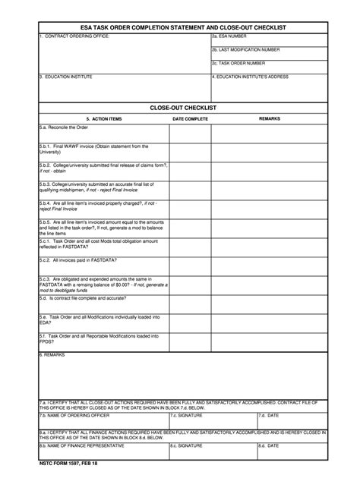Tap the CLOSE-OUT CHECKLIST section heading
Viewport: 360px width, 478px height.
[183, 108]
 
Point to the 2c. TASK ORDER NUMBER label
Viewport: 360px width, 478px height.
[238, 63]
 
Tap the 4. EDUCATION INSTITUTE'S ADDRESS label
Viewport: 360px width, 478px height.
[251, 77]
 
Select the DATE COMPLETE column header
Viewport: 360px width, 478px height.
[190, 119]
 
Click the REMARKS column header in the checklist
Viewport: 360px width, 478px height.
[270, 119]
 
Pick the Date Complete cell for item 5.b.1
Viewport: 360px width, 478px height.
[190, 151]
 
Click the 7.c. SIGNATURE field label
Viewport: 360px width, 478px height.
[186, 416]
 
